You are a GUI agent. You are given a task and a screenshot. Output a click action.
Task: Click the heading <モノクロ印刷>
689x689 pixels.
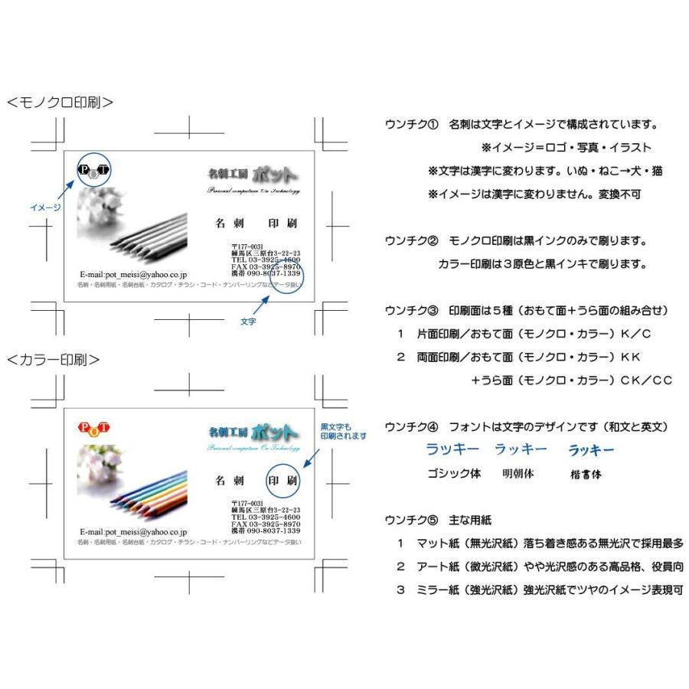(x=60, y=102)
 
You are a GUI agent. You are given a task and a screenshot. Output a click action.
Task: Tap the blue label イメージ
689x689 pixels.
(x=45, y=207)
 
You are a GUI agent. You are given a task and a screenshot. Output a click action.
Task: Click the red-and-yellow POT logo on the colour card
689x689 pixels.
(x=94, y=427)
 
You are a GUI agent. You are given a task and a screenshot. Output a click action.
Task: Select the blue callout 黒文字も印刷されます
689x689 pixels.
(x=342, y=430)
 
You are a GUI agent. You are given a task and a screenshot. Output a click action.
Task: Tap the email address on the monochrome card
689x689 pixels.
(x=133, y=273)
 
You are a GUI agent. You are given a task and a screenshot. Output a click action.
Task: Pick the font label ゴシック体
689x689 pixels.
(x=454, y=474)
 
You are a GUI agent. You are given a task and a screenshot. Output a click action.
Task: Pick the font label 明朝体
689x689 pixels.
(x=518, y=474)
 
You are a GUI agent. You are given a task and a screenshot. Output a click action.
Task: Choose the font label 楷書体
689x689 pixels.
(x=586, y=475)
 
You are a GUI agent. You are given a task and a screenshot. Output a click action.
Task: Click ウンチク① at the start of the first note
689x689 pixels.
(x=411, y=124)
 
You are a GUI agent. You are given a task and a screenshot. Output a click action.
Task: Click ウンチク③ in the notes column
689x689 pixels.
(x=411, y=310)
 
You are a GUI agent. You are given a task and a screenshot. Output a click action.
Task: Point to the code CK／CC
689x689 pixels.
(x=645, y=380)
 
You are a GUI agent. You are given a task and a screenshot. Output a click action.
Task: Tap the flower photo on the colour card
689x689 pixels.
(x=100, y=467)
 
